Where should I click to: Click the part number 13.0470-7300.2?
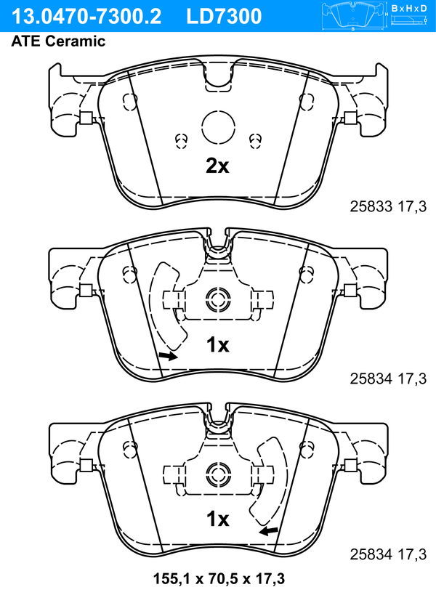pyautogui.click(x=86, y=17)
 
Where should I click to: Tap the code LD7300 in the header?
pyautogui.click(x=224, y=17)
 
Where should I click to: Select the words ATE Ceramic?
pyautogui.click(x=58, y=41)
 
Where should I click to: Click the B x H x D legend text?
pyautogui.click(x=409, y=8)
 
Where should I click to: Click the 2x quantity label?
pyautogui.click(x=217, y=166)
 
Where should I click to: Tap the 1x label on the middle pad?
pyautogui.click(x=218, y=345)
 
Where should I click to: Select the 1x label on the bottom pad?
pyautogui.click(x=218, y=519)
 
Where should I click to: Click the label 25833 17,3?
pyautogui.click(x=388, y=206)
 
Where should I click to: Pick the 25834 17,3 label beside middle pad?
pyautogui.click(x=388, y=379)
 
